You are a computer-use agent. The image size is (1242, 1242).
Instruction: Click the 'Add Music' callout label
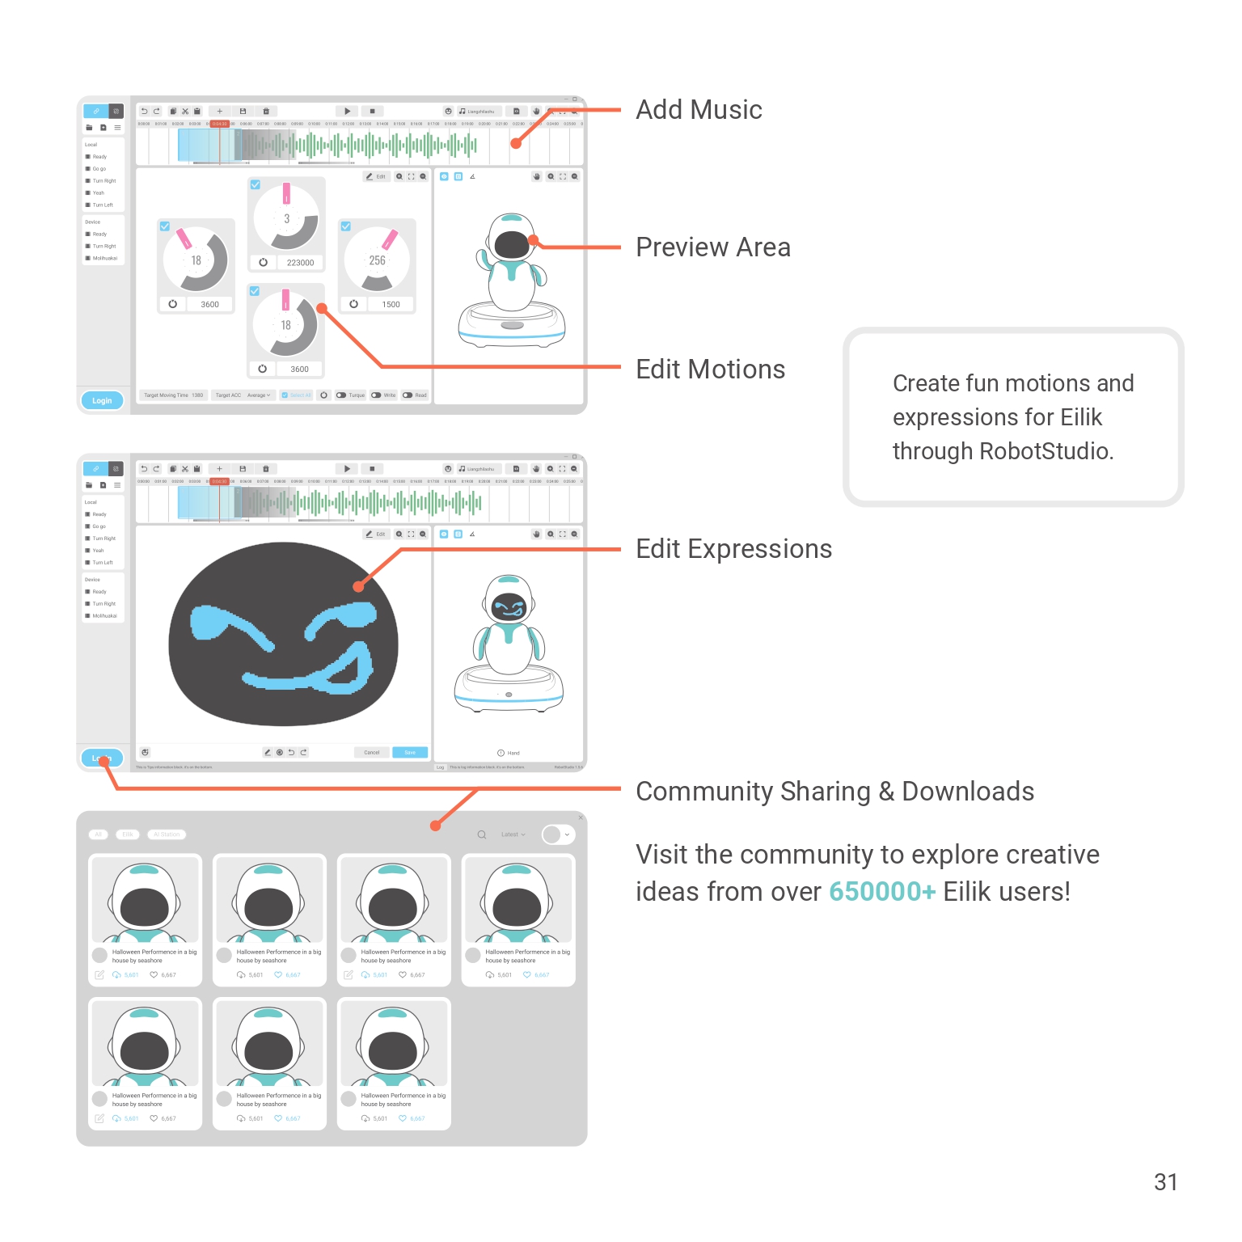click(699, 110)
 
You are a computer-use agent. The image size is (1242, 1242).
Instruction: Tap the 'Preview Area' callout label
click(712, 247)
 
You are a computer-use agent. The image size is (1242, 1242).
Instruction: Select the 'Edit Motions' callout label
click(710, 370)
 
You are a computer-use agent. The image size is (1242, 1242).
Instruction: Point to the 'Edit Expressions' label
click(733, 549)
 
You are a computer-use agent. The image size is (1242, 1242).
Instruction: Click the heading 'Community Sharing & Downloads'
click(834, 792)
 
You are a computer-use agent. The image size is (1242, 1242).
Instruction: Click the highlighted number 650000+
click(882, 892)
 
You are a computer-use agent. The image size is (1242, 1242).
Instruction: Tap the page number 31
click(1165, 1182)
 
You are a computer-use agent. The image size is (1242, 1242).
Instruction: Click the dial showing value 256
click(377, 260)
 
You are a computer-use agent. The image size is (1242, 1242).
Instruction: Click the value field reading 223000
click(300, 263)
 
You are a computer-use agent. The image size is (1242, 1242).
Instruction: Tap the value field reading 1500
click(391, 305)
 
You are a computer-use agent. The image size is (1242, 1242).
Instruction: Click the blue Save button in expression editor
click(410, 753)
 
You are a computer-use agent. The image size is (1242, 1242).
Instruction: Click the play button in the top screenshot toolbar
click(347, 111)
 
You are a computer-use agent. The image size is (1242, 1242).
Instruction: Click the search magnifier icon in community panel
click(482, 834)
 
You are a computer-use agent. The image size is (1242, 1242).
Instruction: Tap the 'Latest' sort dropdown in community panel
click(513, 834)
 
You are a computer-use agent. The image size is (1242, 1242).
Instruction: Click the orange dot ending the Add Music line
click(516, 144)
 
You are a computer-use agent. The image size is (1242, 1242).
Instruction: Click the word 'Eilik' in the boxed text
click(1081, 417)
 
